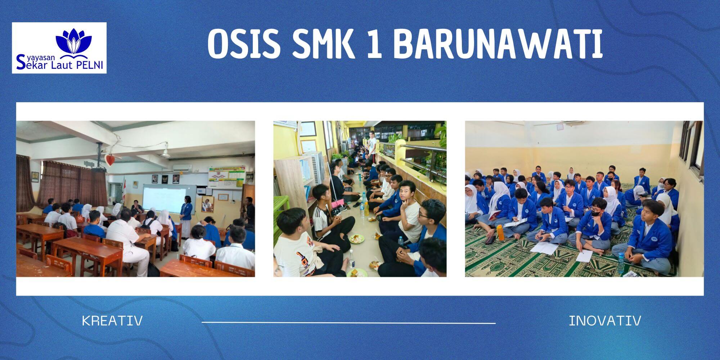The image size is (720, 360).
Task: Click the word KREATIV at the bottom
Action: pyautogui.click(x=112, y=320)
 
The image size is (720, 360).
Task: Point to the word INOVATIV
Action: pyautogui.click(x=605, y=320)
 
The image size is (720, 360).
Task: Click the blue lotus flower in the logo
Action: pyautogui.click(x=74, y=41)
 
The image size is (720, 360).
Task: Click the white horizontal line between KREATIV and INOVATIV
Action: pyautogui.click(x=348, y=323)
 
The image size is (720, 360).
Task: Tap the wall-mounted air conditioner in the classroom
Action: pyautogui.click(x=182, y=168)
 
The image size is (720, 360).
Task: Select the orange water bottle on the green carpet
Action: pyautogui.click(x=501, y=232)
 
